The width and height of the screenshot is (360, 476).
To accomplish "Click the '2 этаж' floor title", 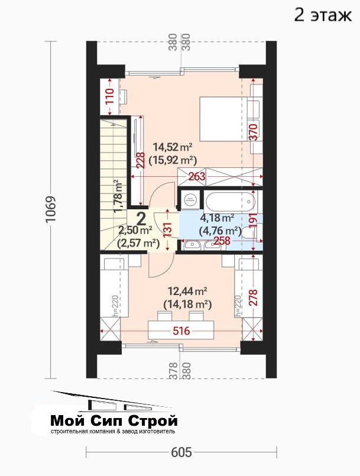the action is pos(323,15).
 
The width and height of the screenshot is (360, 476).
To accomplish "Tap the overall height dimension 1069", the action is pos(50,209).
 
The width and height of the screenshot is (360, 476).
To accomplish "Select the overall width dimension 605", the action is pos(181,452).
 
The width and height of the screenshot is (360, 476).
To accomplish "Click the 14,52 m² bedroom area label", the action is pos(173,148).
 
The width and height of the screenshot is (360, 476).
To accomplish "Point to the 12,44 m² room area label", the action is pos(187,292).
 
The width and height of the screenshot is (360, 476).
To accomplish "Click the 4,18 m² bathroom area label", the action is pos(217,218).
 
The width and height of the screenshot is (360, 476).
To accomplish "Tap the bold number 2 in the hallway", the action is pos(141,218).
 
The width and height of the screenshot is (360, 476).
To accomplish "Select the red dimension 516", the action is pos(181,331).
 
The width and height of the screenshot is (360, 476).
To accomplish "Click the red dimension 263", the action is pos(197,176).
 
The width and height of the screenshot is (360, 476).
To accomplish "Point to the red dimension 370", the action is pos(254,132).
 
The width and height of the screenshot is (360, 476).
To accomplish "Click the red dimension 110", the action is pos(109,96).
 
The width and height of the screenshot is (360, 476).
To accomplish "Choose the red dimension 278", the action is pos(253,297).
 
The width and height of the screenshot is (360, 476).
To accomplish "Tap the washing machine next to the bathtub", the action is pos(189,200).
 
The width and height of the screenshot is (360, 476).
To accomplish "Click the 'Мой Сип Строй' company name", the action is pos(114,421).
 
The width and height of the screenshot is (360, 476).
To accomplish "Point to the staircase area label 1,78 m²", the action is pos(119,196).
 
